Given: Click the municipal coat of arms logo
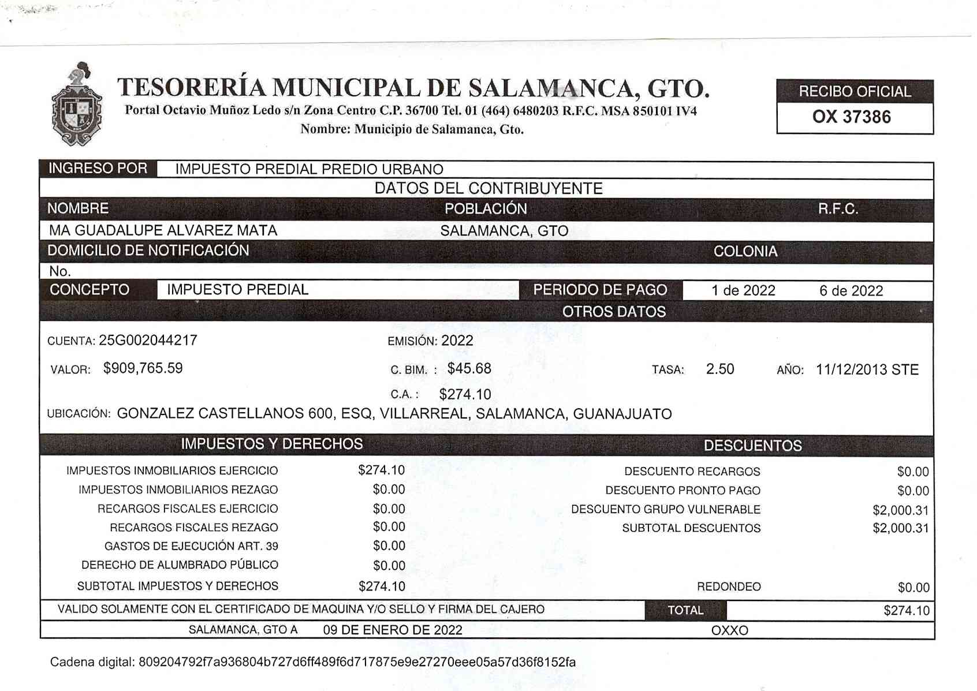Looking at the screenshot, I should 77,105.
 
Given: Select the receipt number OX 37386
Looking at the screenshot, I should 851,117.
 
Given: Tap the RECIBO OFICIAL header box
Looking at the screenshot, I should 855,91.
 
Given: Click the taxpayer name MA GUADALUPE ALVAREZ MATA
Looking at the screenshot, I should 163,230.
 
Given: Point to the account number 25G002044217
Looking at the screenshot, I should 148,340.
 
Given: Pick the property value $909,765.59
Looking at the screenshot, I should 143,368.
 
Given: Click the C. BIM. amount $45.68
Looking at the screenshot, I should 469,368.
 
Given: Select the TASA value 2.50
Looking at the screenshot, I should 719,369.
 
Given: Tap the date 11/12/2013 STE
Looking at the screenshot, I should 867,369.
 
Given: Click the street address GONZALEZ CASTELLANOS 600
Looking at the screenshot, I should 225,414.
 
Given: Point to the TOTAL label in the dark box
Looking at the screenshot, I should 685,610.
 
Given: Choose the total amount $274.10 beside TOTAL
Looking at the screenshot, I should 906,611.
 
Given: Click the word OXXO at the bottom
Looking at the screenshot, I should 729,630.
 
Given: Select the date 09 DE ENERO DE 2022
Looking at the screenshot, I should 393,630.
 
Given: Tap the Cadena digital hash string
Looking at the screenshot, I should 357,662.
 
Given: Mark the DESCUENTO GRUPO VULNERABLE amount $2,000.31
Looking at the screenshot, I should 900,510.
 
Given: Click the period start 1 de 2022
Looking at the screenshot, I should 743,290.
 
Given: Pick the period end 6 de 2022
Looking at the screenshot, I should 851,290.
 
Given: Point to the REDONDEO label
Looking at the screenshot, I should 729,587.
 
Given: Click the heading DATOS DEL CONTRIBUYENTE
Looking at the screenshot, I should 488,188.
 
